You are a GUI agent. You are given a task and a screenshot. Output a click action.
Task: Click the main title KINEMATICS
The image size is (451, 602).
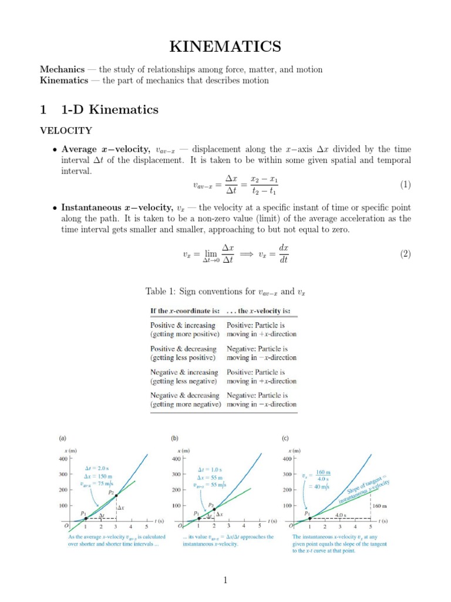coord(225,46)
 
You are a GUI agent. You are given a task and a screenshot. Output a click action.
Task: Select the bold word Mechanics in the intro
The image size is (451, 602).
coord(59,69)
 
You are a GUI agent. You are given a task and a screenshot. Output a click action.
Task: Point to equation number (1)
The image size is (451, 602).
coord(405,185)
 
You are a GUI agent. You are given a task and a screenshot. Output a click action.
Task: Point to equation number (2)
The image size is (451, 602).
coord(405,254)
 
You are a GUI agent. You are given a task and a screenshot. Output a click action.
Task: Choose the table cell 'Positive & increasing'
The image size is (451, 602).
coord(183,325)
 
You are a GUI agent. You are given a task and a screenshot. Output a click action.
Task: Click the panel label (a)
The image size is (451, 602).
coord(62,438)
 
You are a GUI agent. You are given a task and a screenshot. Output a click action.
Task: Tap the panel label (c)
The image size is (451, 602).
coord(285,438)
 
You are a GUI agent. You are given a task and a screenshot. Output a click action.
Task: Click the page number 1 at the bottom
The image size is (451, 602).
coord(225,581)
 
